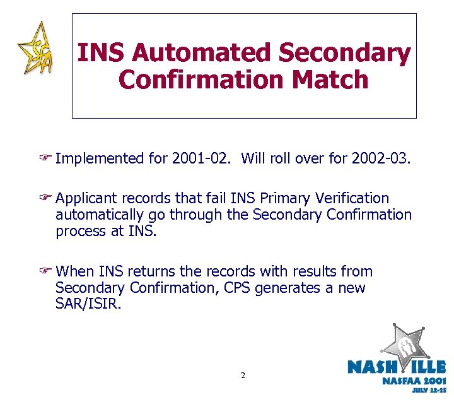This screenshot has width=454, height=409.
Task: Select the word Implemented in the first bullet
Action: pos(100,158)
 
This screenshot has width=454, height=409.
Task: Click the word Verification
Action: pos(353,199)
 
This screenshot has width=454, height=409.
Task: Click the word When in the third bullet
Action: pos(74,272)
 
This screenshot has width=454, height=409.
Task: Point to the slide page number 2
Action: pos(243,376)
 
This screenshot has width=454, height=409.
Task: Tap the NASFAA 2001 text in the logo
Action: pos(414,381)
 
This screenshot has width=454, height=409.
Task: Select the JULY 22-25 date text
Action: pos(429,391)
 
